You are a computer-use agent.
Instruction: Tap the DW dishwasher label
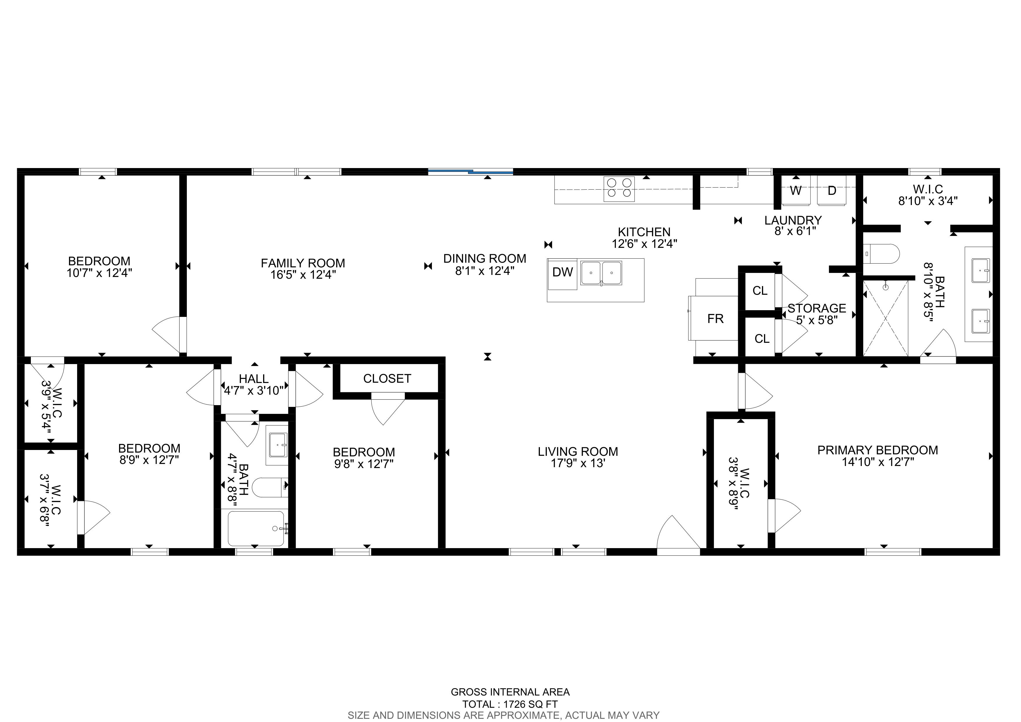(x=563, y=272)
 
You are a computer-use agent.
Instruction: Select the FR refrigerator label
(x=715, y=319)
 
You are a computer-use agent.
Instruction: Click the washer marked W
(x=796, y=190)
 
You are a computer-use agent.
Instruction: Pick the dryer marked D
(x=832, y=190)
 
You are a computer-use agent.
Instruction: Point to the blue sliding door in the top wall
(x=470, y=171)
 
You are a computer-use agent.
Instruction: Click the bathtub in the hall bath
(x=256, y=529)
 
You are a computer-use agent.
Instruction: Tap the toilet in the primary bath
(x=881, y=254)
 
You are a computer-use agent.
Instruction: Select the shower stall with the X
(x=885, y=318)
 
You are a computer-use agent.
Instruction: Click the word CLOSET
(x=387, y=379)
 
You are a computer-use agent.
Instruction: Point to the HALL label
(x=254, y=379)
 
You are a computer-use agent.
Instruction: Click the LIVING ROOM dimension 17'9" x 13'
(x=578, y=463)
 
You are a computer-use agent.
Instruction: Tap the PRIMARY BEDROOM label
(x=878, y=450)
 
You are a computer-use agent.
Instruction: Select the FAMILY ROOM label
(x=303, y=263)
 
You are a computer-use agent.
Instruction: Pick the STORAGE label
(x=817, y=308)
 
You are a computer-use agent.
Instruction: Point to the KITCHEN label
(x=644, y=232)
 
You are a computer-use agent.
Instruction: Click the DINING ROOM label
(x=485, y=258)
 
